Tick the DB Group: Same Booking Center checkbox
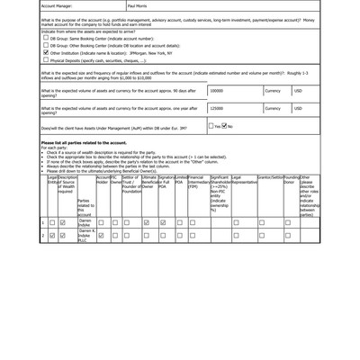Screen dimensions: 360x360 coord(46,40)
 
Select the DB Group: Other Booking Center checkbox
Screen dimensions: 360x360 coord(46,47)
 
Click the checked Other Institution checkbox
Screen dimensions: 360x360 coord(46,53)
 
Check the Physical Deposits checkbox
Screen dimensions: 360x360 coord(46,60)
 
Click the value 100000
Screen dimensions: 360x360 coord(217,91)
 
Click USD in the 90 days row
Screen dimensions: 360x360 coord(299,91)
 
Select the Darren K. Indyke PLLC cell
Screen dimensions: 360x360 coord(85,236)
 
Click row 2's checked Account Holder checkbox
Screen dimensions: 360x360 coord(102,236)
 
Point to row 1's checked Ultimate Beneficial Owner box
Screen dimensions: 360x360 coord(147,222)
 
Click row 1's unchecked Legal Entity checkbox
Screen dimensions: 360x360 coord(52,222)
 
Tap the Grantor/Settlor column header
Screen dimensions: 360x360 coord(270,178)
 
